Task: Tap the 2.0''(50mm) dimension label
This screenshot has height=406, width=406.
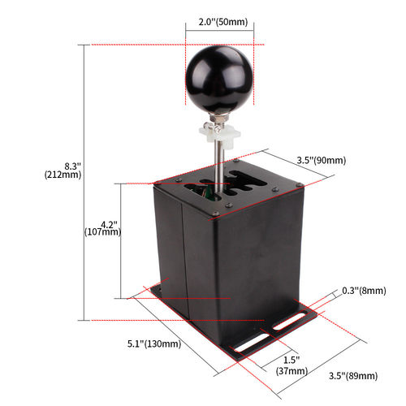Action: (221, 23)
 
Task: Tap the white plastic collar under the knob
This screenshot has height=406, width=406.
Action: (218, 132)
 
